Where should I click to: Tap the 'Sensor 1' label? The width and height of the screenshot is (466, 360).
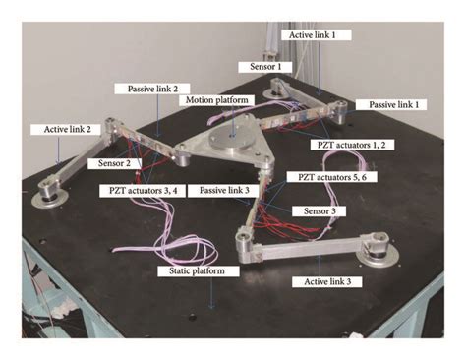pos(265,66)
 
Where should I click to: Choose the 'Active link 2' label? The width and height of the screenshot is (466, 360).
pos(63,129)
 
